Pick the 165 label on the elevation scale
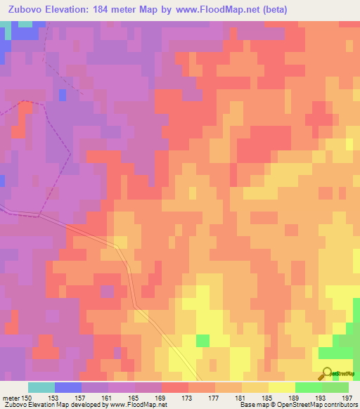pyautogui.click(x=135, y=397)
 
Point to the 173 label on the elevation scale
pyautogui.click(x=189, y=397)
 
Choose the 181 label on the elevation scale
pyautogui.click(x=243, y=397)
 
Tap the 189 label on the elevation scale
pyautogui.click(x=296, y=397)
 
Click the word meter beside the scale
pyautogui.click(x=10, y=397)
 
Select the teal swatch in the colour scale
pyautogui.click(x=41, y=387)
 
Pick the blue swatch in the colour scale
pyautogui.click(x=67, y=387)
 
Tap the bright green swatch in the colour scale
pyautogui.click(x=309, y=387)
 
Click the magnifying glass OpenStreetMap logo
pyautogui.click(x=327, y=373)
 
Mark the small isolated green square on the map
pyautogui.click(x=202, y=340)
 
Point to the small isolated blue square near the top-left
pyautogui.click(x=63, y=94)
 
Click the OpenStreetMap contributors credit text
pyautogui.click(x=320, y=405)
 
